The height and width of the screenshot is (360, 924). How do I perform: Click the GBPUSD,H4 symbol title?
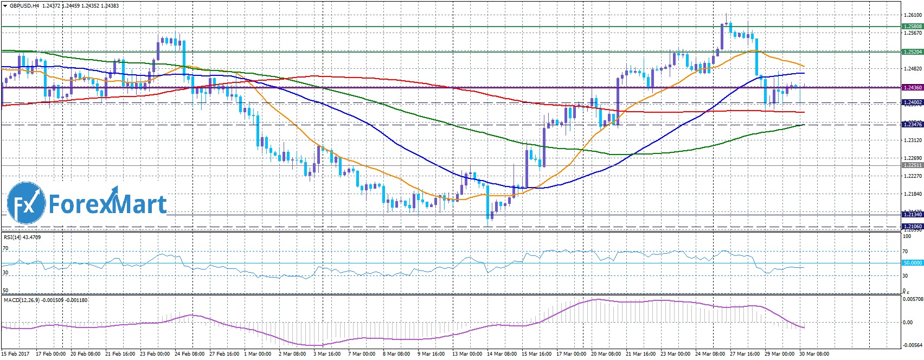click(24, 5)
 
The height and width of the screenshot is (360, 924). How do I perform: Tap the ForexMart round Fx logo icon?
click(26, 203)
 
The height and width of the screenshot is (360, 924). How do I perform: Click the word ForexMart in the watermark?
click(107, 204)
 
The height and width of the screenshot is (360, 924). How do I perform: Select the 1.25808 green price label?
click(912, 26)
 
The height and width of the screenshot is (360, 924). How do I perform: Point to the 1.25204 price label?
click(912, 52)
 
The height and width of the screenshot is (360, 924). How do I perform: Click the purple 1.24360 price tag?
click(912, 87)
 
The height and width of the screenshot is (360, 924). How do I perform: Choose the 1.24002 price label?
click(912, 102)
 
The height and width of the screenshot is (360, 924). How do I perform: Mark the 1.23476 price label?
click(912, 125)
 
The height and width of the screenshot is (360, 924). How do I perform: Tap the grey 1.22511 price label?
click(912, 165)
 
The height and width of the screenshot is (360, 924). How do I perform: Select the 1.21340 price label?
click(912, 215)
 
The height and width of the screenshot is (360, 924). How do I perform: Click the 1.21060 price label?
click(912, 226)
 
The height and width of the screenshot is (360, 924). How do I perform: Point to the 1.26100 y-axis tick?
click(912, 15)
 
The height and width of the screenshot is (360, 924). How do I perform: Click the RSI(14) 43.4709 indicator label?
click(22, 237)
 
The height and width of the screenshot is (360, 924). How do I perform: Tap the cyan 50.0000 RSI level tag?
click(912, 263)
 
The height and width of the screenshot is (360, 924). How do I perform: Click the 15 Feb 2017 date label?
click(15, 354)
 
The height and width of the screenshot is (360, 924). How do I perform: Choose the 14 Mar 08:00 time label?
click(502, 354)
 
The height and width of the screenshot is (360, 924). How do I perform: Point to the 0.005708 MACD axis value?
click(912, 299)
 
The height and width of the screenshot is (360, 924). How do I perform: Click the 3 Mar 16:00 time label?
click(326, 354)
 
